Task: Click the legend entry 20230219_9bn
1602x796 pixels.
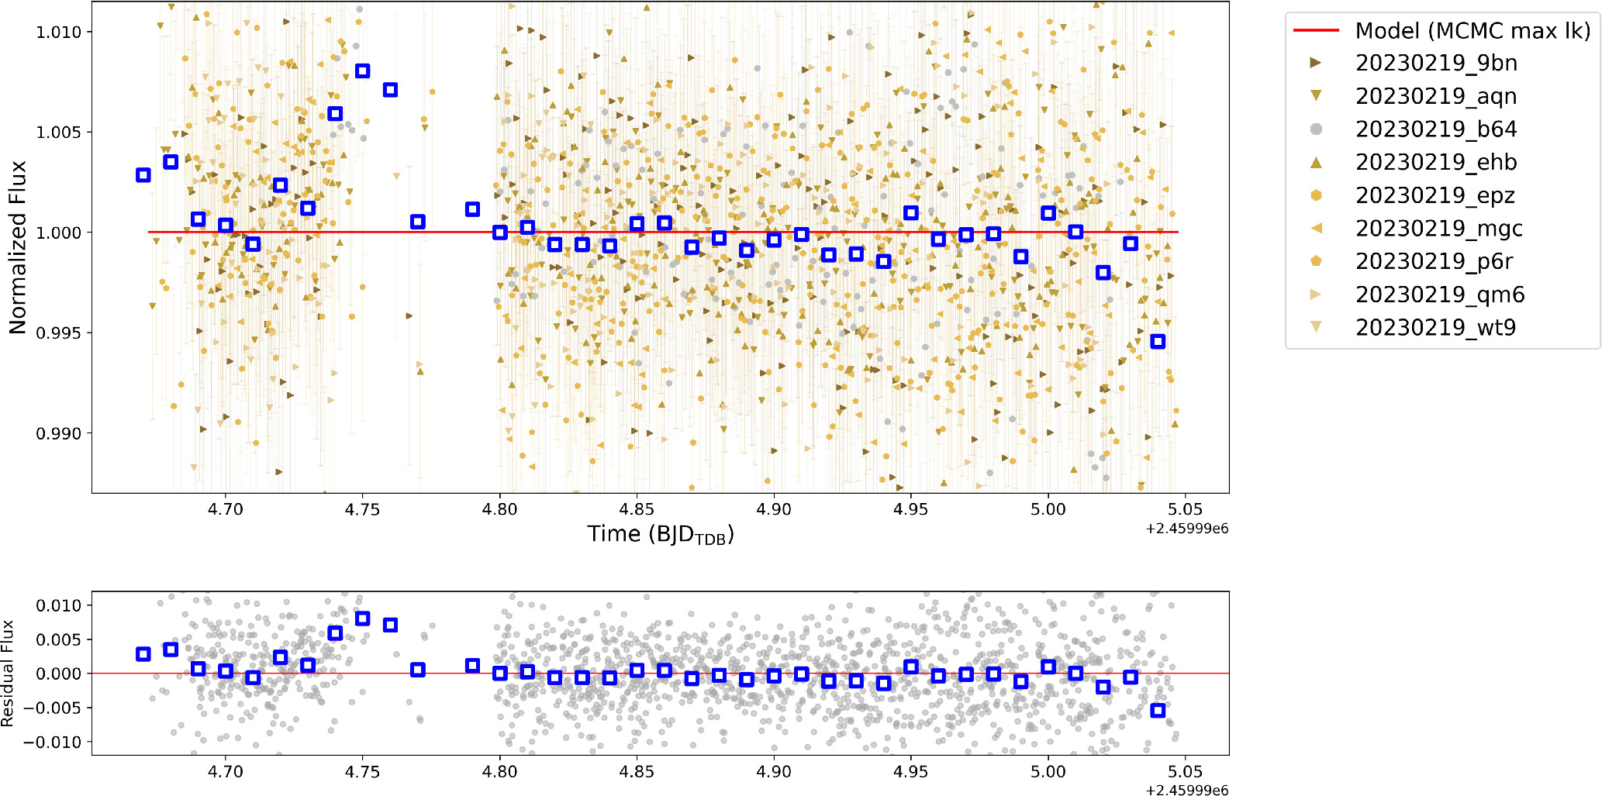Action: (x=1435, y=63)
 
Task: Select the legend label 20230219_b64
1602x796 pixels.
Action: (x=1435, y=129)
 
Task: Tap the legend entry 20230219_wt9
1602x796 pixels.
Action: (x=1435, y=327)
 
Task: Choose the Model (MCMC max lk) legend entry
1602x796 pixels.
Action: (x=1472, y=30)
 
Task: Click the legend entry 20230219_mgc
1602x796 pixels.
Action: (x=1438, y=229)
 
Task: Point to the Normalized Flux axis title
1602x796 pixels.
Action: (x=17, y=247)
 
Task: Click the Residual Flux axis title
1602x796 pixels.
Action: (x=8, y=673)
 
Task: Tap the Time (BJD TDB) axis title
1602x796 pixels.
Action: (x=660, y=534)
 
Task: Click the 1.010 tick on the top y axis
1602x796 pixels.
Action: (x=59, y=32)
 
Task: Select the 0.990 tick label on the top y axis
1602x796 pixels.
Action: (x=59, y=433)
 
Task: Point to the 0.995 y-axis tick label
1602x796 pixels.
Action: (x=59, y=333)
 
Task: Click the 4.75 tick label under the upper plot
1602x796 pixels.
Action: (x=362, y=509)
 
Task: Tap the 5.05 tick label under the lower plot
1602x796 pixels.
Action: (x=1185, y=772)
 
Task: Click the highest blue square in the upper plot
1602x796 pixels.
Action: (x=362, y=71)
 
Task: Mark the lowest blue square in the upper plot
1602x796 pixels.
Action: (x=1158, y=342)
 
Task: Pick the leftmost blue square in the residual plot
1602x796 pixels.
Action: (x=143, y=654)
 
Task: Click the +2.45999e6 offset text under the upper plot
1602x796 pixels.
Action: (x=1186, y=529)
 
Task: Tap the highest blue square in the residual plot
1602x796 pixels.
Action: (x=362, y=619)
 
